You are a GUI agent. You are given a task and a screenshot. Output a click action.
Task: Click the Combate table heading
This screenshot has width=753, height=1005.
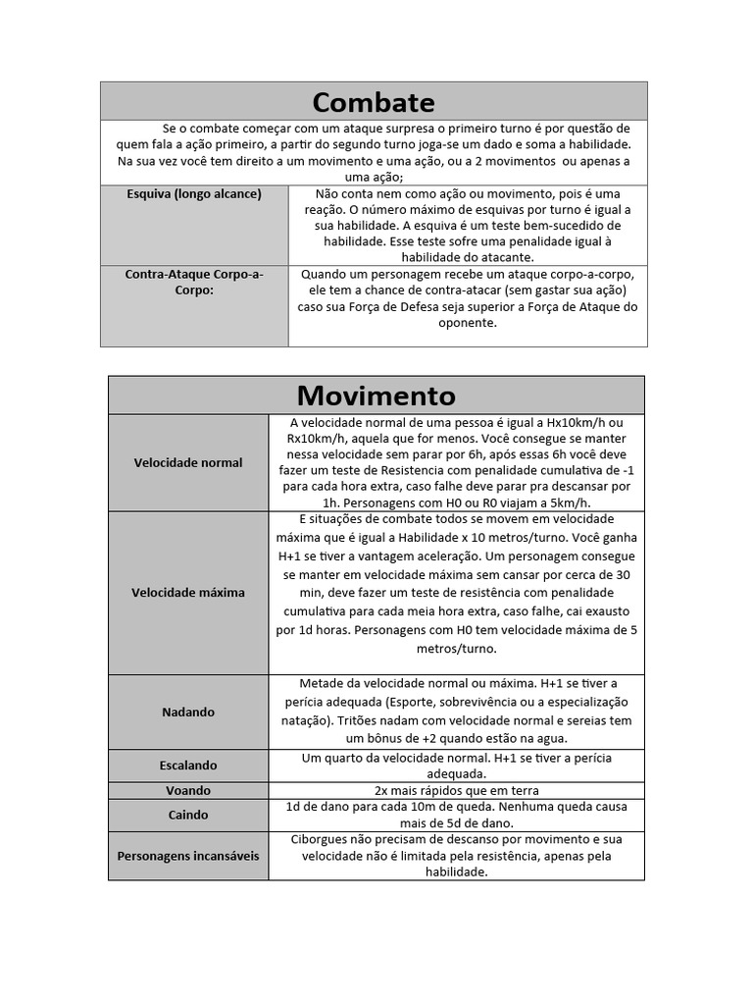[x=374, y=102]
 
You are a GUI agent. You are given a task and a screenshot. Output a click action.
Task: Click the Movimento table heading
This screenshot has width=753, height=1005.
[x=376, y=396]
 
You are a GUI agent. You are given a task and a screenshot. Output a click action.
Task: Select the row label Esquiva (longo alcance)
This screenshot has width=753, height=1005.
[x=194, y=194]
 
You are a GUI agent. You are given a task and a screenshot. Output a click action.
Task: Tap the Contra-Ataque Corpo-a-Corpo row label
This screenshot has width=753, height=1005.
[x=194, y=283]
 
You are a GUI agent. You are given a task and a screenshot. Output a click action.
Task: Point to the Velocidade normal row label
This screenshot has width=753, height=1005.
[x=188, y=462]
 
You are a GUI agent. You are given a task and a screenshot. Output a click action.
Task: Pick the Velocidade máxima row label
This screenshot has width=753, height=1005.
[x=188, y=593]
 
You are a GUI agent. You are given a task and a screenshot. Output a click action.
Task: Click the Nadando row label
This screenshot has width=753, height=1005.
[x=188, y=712]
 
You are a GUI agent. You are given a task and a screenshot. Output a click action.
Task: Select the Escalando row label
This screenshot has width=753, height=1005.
[x=188, y=765]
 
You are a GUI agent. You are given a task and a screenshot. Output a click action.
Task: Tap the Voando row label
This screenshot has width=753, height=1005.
[x=188, y=791]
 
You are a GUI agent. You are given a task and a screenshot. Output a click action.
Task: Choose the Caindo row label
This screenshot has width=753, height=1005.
[x=188, y=815]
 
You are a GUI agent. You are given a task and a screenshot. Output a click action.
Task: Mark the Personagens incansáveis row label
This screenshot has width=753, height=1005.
[x=188, y=856]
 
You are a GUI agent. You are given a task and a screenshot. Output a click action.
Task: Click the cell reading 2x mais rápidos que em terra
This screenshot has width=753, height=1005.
[x=457, y=791]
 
